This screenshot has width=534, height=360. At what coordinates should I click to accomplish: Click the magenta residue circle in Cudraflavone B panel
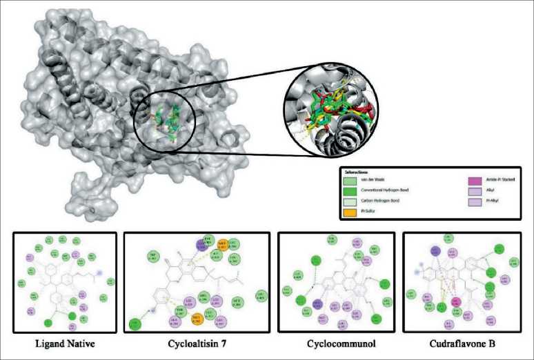click(456, 302)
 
